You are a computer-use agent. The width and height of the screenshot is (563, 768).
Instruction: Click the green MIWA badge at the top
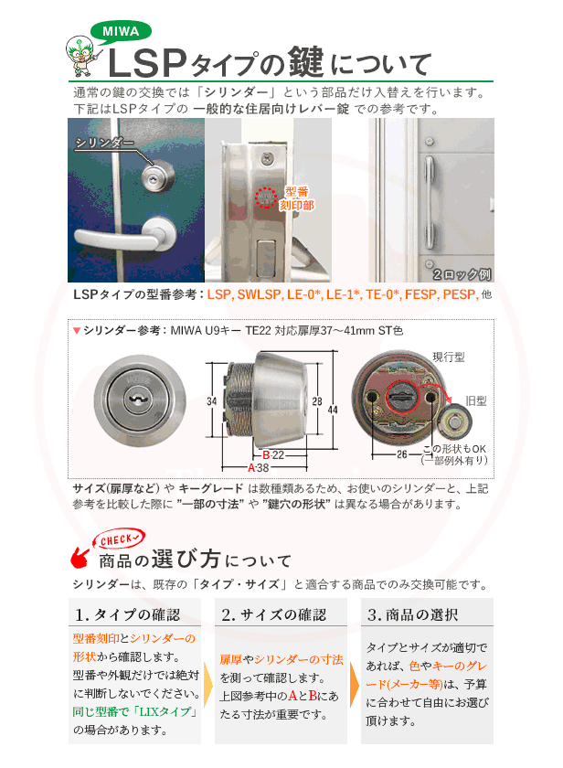click(x=120, y=30)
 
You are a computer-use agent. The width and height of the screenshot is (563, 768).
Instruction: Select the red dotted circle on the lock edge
click(x=266, y=197)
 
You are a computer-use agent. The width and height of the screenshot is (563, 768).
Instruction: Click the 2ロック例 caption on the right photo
click(x=463, y=273)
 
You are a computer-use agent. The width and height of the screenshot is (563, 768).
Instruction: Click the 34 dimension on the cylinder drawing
click(x=211, y=400)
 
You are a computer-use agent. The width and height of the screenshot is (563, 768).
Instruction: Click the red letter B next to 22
click(x=265, y=454)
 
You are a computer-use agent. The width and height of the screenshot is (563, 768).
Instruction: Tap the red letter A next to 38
click(x=251, y=467)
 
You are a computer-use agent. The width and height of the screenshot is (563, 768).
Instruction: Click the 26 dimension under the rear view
click(x=401, y=453)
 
